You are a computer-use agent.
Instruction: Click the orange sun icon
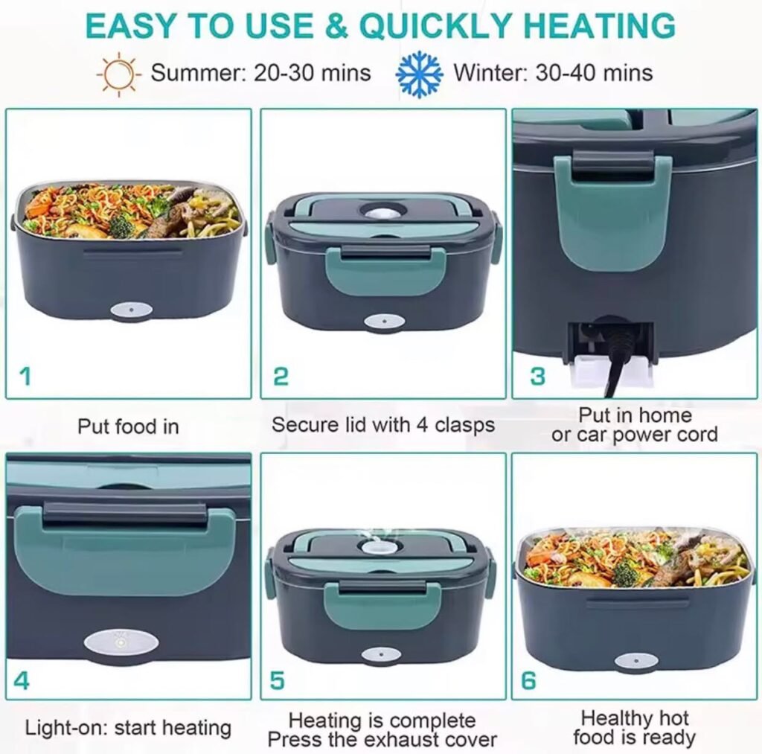point(119,74)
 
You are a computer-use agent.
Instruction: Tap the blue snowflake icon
point(419,74)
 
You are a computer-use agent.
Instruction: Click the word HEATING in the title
point(600,26)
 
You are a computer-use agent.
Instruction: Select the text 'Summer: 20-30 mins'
point(261,73)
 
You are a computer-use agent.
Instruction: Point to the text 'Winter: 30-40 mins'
point(553,73)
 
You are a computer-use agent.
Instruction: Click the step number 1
point(25,376)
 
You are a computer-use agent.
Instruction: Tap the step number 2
point(281,377)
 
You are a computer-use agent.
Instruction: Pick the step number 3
point(537,377)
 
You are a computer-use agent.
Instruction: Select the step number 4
point(22,680)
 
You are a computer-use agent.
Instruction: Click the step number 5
point(277,680)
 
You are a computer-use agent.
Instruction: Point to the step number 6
point(528,680)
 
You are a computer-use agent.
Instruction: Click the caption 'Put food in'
point(128,426)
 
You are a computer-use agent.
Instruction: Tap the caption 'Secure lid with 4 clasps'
point(383,425)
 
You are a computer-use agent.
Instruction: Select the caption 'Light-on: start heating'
point(128,728)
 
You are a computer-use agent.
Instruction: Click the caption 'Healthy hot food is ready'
point(634,727)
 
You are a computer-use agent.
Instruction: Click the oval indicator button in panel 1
point(131,310)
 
